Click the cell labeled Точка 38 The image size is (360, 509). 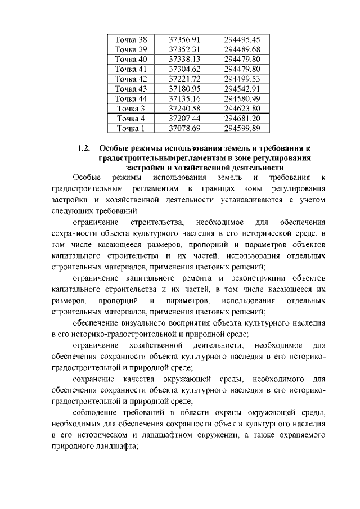[x=130, y=39]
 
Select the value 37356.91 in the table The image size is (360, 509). [x=184, y=39]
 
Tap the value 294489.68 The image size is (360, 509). [x=241, y=49]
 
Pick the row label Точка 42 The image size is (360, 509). [x=130, y=79]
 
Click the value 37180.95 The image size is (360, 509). [x=184, y=89]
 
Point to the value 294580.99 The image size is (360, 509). [x=241, y=99]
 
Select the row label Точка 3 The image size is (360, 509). [x=130, y=109]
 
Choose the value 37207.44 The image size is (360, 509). [x=184, y=119]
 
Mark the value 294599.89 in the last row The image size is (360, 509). [x=241, y=129]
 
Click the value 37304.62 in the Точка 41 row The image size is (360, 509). [x=184, y=69]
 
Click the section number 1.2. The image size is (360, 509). [x=84, y=149]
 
